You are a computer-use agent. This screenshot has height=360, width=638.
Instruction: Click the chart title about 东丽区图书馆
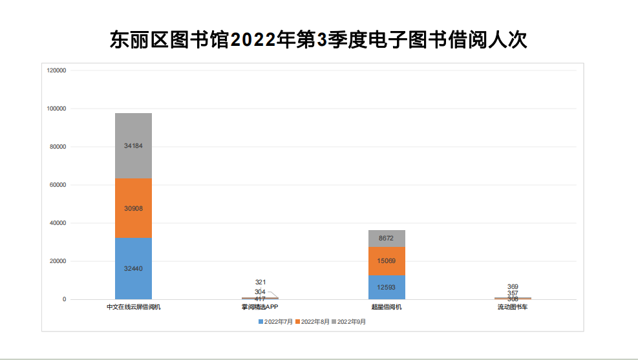tap(319, 40)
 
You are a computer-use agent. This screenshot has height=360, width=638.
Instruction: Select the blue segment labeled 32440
tap(133, 268)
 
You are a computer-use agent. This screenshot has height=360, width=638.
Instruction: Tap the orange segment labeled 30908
tap(133, 208)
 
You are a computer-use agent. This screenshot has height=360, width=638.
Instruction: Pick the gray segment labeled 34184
tap(133, 146)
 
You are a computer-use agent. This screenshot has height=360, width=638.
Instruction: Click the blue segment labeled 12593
tap(387, 287)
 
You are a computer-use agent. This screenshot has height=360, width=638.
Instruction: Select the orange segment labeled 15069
tap(387, 261)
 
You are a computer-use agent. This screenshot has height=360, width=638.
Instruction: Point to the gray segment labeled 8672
tap(387, 238)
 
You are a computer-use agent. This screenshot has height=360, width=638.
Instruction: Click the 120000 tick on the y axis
tap(57, 70)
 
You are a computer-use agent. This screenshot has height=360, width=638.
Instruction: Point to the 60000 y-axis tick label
tap(58, 185)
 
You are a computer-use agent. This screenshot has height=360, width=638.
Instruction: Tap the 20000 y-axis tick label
tap(58, 261)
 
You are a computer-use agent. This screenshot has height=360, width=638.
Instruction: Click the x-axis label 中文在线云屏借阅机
tap(133, 307)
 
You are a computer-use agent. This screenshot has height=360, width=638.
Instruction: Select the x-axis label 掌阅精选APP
tap(260, 307)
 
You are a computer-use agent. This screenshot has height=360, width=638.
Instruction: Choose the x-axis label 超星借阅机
tap(387, 307)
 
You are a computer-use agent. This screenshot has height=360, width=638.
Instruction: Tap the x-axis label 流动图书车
tap(513, 307)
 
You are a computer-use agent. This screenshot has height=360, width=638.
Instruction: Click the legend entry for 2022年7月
tap(277, 321)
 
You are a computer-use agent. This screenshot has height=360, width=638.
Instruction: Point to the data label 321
tap(261, 282)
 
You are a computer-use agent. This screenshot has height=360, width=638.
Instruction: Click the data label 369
tap(513, 286)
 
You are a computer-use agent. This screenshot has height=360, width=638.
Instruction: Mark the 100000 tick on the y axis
tap(57, 109)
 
